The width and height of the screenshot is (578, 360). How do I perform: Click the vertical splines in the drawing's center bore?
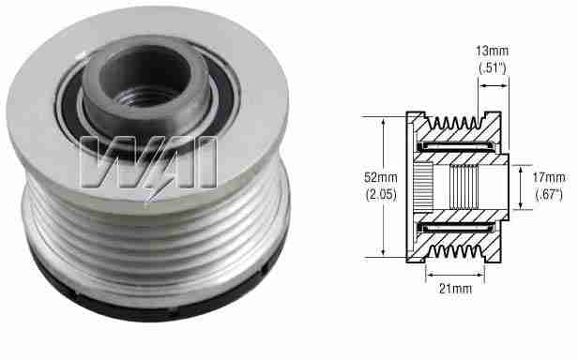[465, 186]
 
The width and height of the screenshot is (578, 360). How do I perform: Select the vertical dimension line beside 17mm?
[519, 186]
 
